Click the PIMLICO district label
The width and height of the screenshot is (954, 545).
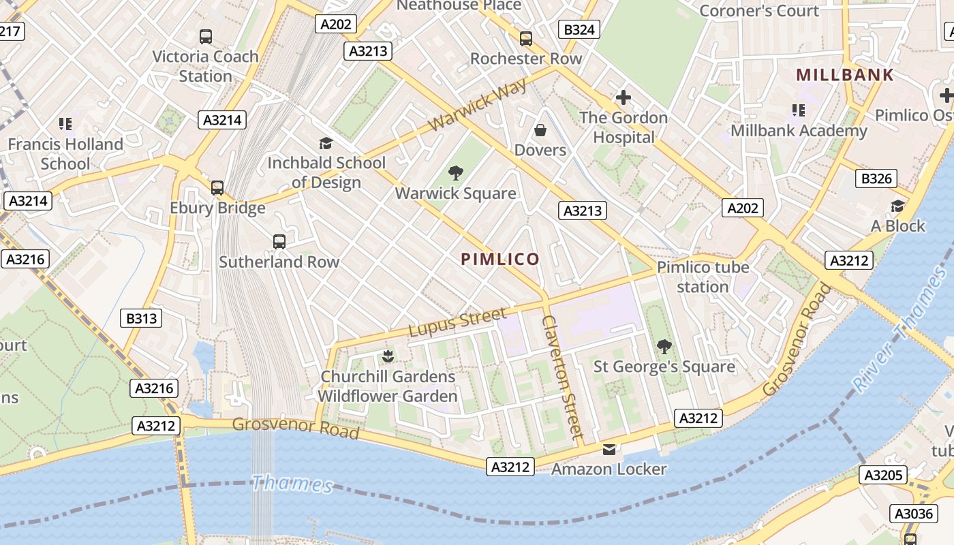point(500,259)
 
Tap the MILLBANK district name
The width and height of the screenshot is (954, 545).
point(844,75)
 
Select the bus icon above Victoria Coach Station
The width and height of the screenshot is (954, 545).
point(205,37)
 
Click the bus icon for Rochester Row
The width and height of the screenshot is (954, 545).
point(525,39)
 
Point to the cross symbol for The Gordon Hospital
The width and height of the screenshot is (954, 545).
point(623,97)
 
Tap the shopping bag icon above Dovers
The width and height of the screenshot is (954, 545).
point(540,129)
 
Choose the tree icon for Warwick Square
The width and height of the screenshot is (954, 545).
point(456,173)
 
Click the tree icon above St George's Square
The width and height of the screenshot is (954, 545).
point(664,347)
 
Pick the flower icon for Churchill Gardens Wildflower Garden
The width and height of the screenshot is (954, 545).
point(388,356)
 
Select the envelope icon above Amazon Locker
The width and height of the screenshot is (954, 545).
point(609,450)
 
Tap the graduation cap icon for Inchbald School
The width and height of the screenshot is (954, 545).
point(326,143)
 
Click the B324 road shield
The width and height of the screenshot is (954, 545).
point(579,29)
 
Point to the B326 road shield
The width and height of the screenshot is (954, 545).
point(876,178)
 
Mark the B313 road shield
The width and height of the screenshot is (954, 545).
point(141,318)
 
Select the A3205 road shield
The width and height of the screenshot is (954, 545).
point(883,475)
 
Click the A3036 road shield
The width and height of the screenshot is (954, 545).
point(914,514)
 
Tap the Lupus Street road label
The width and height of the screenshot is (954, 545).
point(457,322)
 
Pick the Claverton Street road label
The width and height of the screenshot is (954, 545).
point(562,375)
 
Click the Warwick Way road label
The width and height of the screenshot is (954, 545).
point(478,105)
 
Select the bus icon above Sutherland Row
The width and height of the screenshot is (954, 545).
point(279,241)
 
